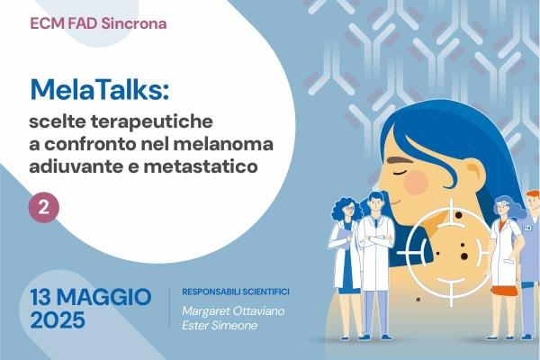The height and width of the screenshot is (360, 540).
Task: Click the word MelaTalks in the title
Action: (99, 90)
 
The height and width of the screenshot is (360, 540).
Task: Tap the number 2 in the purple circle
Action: (44, 208)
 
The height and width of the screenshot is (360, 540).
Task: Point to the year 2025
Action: (58, 320)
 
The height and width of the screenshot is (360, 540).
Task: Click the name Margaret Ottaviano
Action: (233, 311)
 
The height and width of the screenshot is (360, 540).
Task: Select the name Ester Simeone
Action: (220, 326)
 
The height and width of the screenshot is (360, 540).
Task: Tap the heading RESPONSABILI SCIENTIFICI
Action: (236, 292)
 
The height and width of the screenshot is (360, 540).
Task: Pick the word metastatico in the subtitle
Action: (201, 166)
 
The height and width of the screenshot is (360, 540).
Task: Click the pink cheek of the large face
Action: (416, 182)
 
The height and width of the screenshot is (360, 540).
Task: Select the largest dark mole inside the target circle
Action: (464, 256)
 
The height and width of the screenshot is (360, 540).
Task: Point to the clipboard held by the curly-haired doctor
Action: (342, 238)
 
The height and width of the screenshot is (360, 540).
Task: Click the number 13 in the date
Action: (41, 297)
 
